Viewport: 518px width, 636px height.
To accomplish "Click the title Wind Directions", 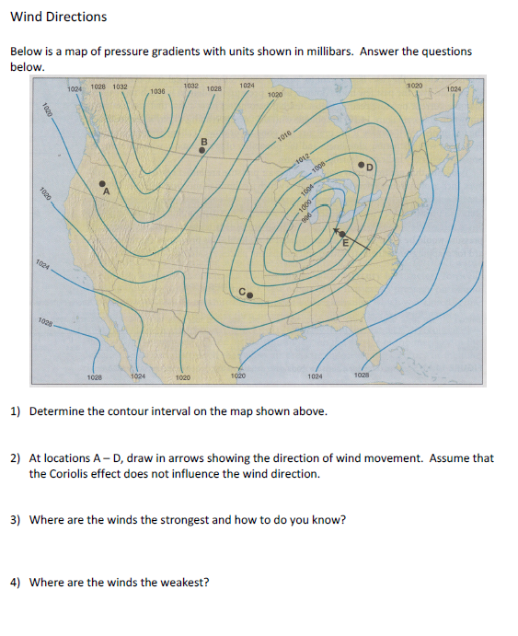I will [x=58, y=17].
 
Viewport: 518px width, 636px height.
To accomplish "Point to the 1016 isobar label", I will [x=284, y=136].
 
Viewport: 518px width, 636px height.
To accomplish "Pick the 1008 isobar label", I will [x=317, y=168].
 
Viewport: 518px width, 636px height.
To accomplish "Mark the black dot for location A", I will [x=102, y=181].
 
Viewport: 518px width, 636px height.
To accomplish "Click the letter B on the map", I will [x=203, y=141].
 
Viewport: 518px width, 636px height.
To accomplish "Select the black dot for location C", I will [x=248, y=296].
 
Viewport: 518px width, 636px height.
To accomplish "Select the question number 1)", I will [x=16, y=411].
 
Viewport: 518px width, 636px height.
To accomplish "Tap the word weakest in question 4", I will [x=188, y=583].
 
